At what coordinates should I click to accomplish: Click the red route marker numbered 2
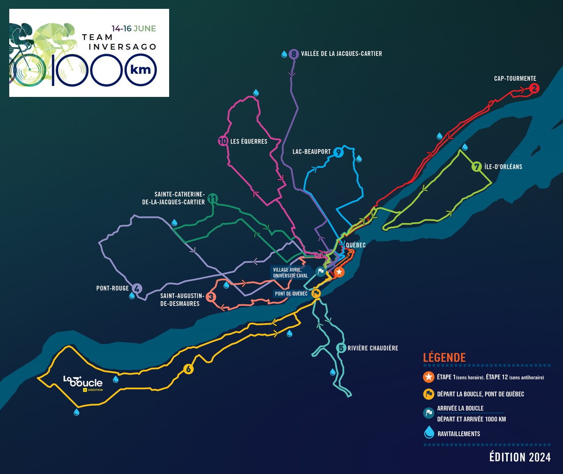coord(534,88)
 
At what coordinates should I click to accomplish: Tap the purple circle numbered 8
coord(294,54)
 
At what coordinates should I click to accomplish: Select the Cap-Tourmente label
coord(515,78)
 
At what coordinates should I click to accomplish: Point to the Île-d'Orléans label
coord(503,167)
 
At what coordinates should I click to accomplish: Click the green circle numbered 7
coord(476,167)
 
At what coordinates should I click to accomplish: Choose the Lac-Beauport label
coord(311,152)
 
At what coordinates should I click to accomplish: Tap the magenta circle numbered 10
coord(223,141)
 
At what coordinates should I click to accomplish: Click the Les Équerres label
coord(249,142)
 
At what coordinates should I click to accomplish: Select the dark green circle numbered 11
coord(212,198)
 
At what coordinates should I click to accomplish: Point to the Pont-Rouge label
coord(112,289)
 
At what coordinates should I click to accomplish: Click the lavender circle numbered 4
coord(137,289)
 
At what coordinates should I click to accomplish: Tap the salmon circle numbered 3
coord(211,297)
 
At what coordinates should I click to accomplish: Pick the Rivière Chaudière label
coord(373,348)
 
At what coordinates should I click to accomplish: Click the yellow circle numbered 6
coord(189,370)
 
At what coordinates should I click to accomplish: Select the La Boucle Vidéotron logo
coord(83,382)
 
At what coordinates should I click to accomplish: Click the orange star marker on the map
coord(339,272)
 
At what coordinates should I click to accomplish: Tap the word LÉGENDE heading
coord(444,358)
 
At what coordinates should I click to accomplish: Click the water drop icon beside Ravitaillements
coord(429,432)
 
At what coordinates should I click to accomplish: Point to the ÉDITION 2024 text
coord(520,457)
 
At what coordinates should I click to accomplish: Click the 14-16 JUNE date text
coord(134,29)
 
